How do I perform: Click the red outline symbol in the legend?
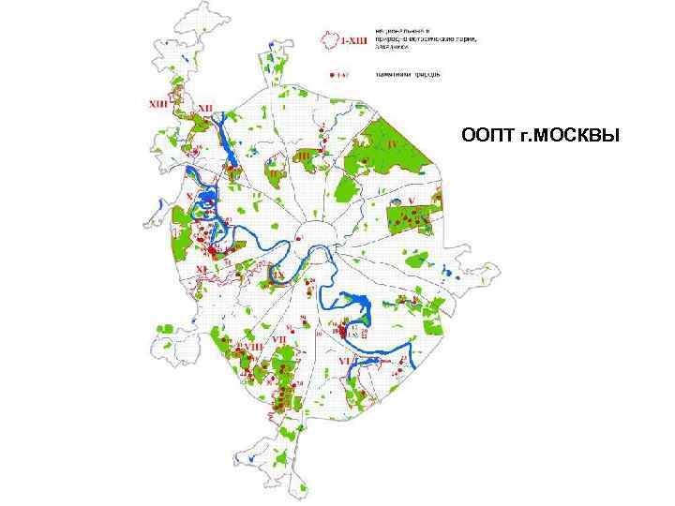(329, 38)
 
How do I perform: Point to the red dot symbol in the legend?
(331, 71)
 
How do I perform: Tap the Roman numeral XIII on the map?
(159, 105)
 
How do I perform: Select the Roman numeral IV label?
(394, 145)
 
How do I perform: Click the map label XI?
(202, 270)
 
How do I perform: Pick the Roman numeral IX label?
(278, 275)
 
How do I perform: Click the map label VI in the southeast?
(343, 361)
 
